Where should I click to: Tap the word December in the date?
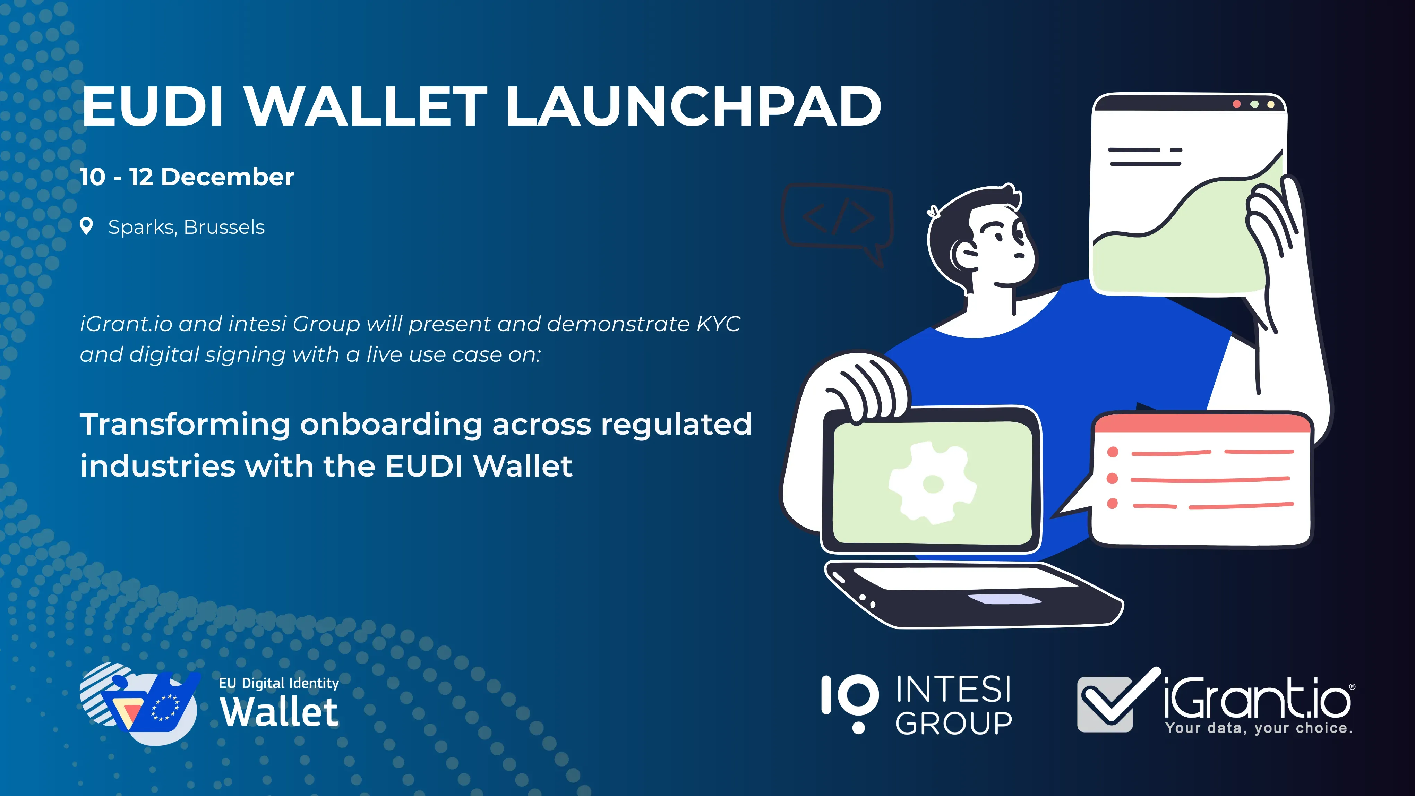pyautogui.click(x=228, y=177)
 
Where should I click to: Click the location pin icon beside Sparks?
pyautogui.click(x=86, y=226)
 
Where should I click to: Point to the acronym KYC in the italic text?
pyautogui.click(x=719, y=324)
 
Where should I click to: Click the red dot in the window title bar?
pyautogui.click(x=1236, y=104)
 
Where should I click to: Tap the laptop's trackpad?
pyautogui.click(x=1004, y=599)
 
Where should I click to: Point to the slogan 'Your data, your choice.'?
pyautogui.click(x=1259, y=728)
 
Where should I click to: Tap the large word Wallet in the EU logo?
pyautogui.click(x=279, y=712)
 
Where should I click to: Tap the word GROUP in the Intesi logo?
pyautogui.click(x=954, y=723)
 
